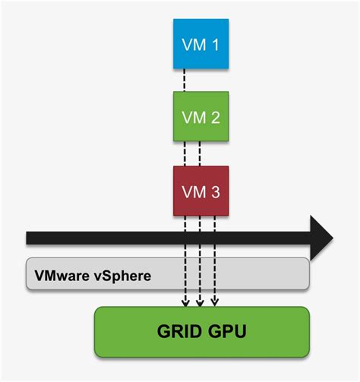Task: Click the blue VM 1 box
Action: tap(201, 43)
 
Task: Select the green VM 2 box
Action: tap(201, 118)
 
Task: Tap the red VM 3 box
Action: tap(201, 191)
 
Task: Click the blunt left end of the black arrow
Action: tap(28, 238)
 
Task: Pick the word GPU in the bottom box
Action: tap(226, 332)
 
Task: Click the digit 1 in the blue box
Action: tap(214, 44)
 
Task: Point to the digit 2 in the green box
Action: tap(214, 118)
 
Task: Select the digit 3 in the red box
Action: tap(214, 192)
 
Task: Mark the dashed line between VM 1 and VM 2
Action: tap(185, 80)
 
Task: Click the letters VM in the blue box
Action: tap(193, 44)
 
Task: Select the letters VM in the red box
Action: tap(193, 192)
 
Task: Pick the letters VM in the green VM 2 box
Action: tap(193, 118)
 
